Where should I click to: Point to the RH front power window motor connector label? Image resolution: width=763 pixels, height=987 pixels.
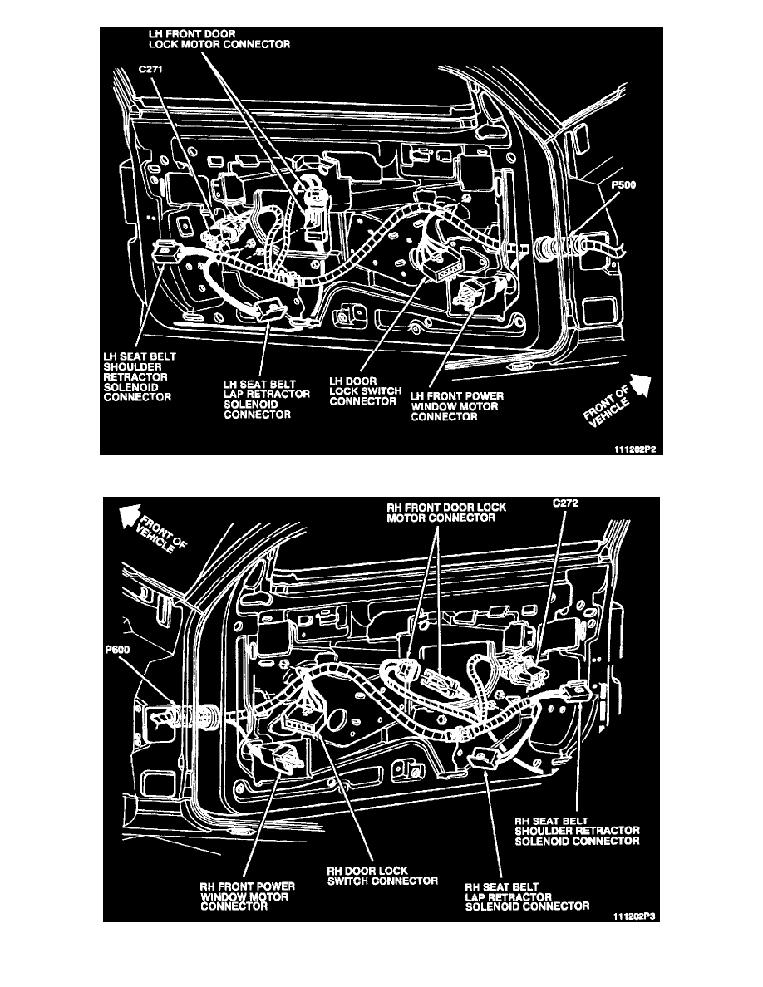(247, 897)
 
